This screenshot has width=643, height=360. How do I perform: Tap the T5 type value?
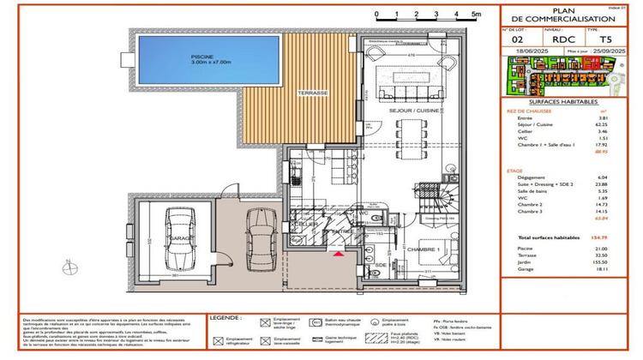click(606, 39)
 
